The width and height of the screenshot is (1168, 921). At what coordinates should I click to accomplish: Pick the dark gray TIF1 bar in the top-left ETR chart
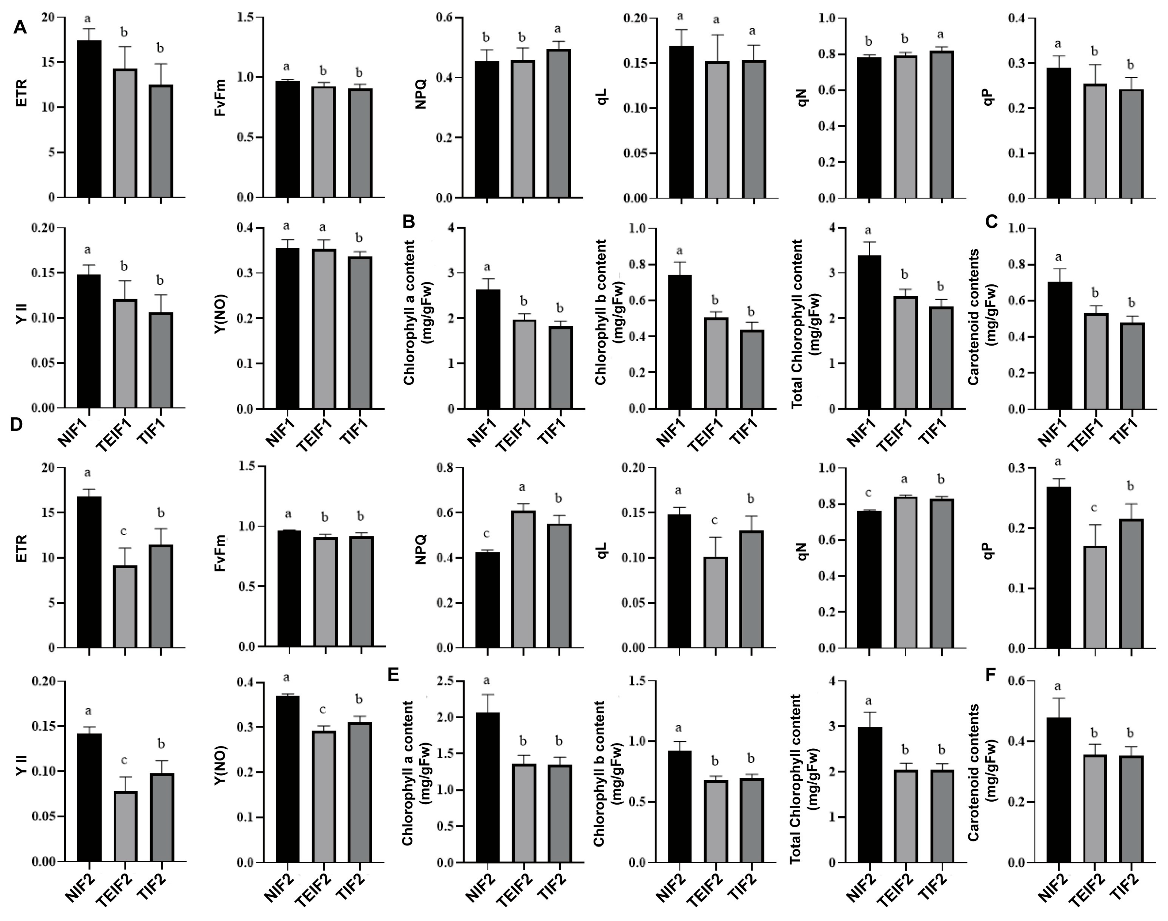(x=161, y=140)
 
